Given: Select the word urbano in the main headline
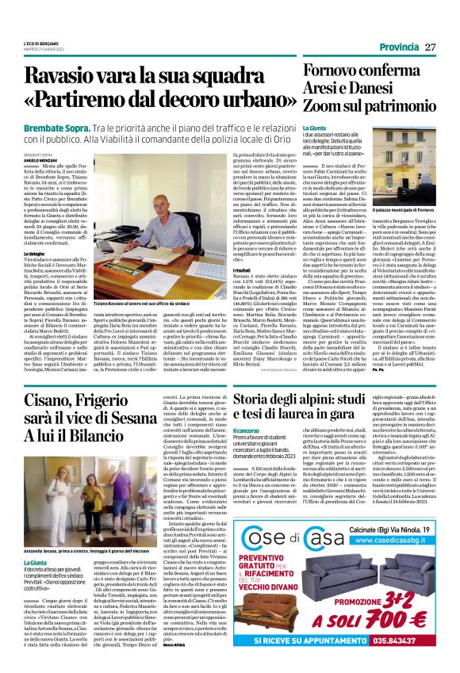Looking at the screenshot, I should click(x=247, y=104).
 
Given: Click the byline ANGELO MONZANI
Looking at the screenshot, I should click(x=40, y=159).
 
